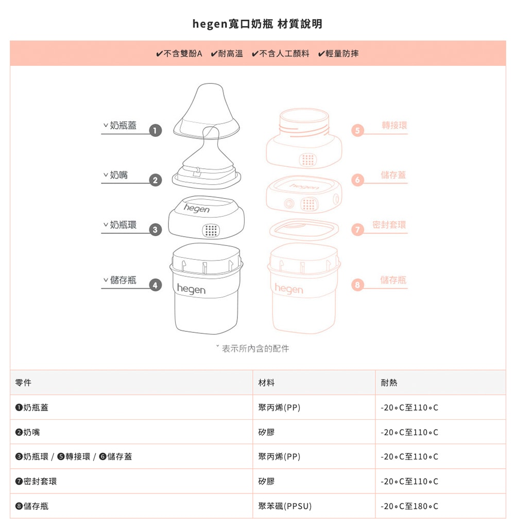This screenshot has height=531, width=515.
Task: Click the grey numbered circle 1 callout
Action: tap(156, 130)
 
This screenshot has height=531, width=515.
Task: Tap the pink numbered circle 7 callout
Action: tap(357, 229)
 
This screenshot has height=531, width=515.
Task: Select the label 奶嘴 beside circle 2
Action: tap(118, 175)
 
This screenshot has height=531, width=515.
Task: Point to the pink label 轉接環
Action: tap(394, 125)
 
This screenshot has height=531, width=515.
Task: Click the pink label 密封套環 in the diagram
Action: tap(389, 224)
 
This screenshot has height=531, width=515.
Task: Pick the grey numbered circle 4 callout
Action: tap(156, 285)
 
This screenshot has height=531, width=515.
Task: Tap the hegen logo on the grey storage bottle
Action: tap(191, 289)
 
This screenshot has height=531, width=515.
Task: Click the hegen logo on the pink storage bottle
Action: tap(289, 289)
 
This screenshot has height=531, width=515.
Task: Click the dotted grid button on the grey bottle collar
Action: tap(211, 231)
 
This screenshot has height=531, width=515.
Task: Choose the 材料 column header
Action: tap(266, 383)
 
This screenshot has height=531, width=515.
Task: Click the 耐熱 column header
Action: tap(389, 383)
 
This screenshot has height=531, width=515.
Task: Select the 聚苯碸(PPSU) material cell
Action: tap(285, 506)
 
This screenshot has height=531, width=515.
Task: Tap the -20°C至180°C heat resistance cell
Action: tap(409, 506)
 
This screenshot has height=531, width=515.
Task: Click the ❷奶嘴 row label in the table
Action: tap(27, 432)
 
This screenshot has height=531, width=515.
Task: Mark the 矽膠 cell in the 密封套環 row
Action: tap(266, 481)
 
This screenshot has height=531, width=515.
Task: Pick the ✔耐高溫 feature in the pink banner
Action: tap(227, 54)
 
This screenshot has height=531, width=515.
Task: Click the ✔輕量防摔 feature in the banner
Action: tap(338, 54)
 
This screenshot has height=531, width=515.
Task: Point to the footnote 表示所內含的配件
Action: tap(255, 348)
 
